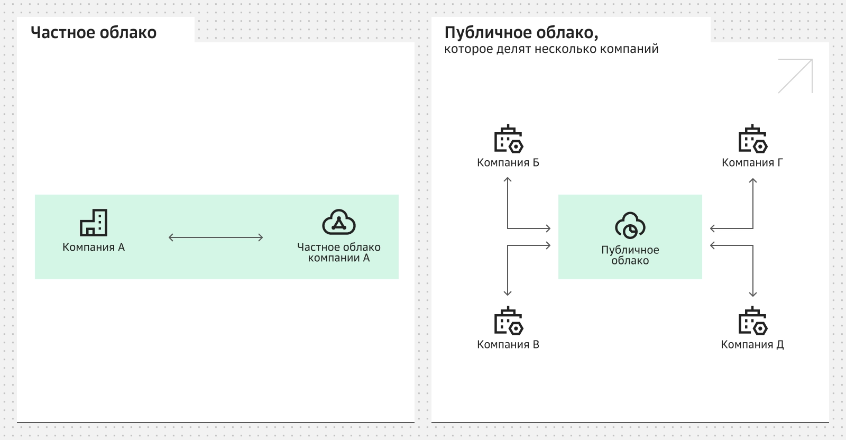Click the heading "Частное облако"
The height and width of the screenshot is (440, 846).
pos(94,33)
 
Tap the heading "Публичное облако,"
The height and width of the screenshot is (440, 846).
pos(521,33)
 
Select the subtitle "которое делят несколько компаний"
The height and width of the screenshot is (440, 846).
pos(551,49)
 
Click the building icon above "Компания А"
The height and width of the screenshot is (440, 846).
pos(94,222)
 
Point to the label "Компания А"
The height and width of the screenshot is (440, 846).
pos(94,247)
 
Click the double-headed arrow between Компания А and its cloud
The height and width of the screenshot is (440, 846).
pos(216,237)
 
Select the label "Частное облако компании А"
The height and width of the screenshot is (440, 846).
pos(339,253)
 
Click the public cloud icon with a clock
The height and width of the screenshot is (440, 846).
pos(630,225)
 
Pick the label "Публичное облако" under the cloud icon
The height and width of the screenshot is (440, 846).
pos(630,255)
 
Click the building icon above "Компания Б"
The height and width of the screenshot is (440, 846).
pos(508,139)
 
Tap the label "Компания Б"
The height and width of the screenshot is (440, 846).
pos(508,163)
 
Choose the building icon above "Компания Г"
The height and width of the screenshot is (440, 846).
pos(752,139)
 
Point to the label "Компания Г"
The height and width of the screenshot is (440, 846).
pos(752,163)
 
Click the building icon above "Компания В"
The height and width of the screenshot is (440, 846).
pos(508,321)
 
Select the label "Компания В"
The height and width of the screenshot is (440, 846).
pos(508,345)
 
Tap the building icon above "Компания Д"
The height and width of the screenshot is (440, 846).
pos(752,321)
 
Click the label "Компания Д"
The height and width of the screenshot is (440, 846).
pos(752,345)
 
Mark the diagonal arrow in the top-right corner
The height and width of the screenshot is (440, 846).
pos(795,76)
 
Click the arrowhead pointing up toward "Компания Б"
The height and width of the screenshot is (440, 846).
pos(508,180)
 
